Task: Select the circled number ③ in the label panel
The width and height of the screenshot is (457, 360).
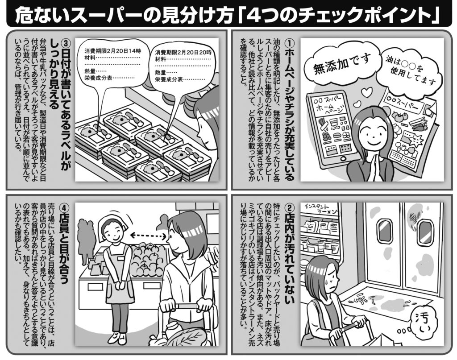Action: click(x=66, y=43)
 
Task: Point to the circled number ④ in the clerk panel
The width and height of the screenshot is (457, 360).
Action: click(x=66, y=208)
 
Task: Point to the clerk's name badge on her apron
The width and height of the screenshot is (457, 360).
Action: click(x=120, y=258)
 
